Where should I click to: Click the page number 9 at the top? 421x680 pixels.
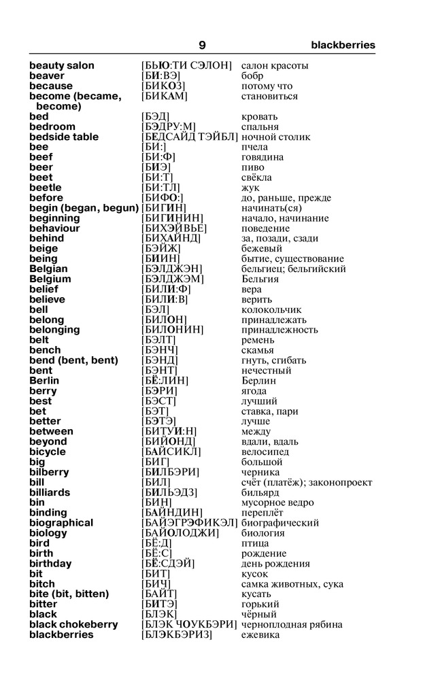click(x=202, y=45)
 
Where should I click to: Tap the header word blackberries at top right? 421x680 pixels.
click(x=343, y=45)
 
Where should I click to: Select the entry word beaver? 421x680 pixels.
click(x=47, y=76)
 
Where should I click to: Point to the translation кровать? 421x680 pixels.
click(x=259, y=117)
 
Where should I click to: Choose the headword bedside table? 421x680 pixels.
click(x=64, y=137)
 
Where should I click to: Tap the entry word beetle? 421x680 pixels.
click(x=46, y=188)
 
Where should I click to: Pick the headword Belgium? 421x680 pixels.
click(x=50, y=279)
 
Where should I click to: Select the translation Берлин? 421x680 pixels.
click(x=259, y=381)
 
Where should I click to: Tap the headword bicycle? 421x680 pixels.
click(x=48, y=452)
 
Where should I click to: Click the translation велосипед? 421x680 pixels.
click(x=265, y=452)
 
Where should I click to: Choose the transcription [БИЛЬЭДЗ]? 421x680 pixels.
click(x=169, y=492)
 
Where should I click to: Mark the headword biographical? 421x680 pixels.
click(x=61, y=523)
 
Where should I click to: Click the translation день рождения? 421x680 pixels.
click(x=275, y=564)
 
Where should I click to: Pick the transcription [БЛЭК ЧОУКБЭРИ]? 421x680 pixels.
click(x=188, y=624)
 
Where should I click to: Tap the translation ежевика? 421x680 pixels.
click(x=260, y=634)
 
